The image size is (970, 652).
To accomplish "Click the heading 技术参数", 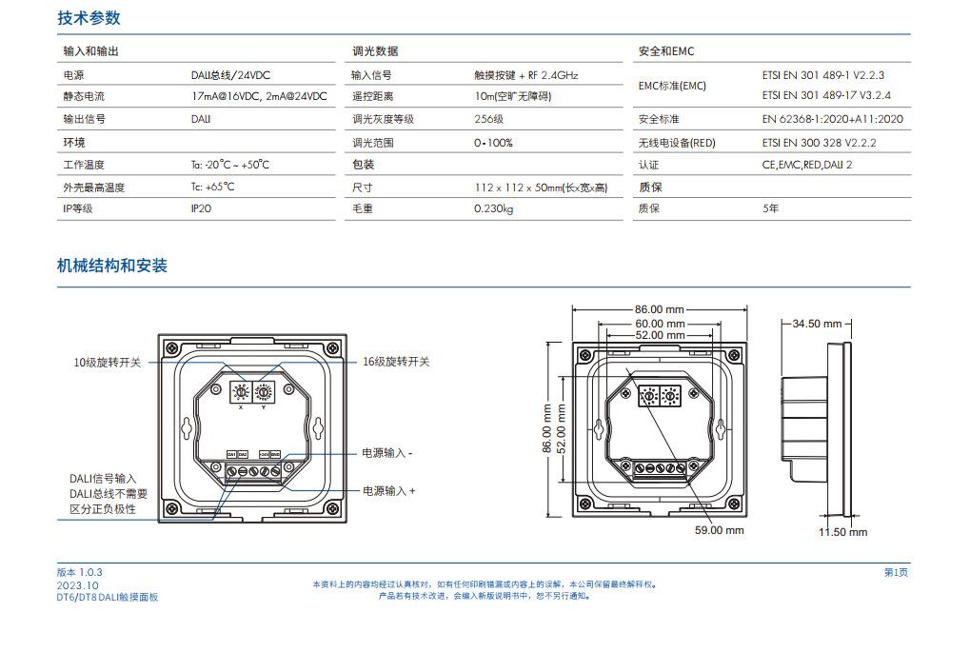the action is pyautogui.click(x=89, y=18).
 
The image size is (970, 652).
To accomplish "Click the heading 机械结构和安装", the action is pyautogui.click(x=111, y=266).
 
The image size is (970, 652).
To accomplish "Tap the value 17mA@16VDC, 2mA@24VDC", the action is pyautogui.click(x=258, y=96).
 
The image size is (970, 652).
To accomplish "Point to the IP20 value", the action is pyautogui.click(x=201, y=208).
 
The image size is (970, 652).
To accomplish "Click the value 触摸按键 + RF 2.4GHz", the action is pyautogui.click(x=525, y=74).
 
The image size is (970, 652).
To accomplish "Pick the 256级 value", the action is pyautogui.click(x=488, y=119).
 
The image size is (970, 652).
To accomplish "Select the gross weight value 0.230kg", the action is pyautogui.click(x=493, y=208).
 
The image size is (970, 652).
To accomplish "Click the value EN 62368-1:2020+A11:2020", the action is pyautogui.click(x=832, y=119).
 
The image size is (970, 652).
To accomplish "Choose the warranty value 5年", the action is pyautogui.click(x=770, y=208).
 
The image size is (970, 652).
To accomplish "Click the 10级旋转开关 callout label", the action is pyautogui.click(x=108, y=363).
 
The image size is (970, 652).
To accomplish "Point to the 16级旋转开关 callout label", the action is pyautogui.click(x=396, y=362).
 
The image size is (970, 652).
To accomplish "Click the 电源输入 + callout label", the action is pyautogui.click(x=388, y=491).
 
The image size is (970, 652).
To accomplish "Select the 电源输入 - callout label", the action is pyautogui.click(x=386, y=453).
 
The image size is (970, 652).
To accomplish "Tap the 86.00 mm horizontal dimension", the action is pyautogui.click(x=660, y=309).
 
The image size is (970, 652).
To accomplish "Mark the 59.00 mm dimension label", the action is pyautogui.click(x=719, y=530).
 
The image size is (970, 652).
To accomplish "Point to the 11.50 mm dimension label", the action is pyautogui.click(x=842, y=532).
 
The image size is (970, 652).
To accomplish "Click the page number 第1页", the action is pyautogui.click(x=896, y=572).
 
